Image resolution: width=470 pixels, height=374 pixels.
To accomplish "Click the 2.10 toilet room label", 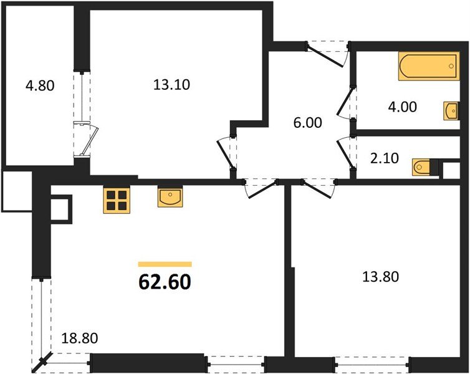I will click(x=383, y=159).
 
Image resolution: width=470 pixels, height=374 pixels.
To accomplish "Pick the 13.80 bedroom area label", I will click(x=380, y=275).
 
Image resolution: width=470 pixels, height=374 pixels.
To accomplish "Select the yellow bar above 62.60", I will click(x=165, y=264).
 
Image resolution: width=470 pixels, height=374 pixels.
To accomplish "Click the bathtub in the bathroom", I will click(x=428, y=67).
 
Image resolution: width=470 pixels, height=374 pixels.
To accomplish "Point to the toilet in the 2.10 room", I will click(x=423, y=166).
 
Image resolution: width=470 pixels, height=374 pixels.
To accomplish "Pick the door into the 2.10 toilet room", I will click(x=345, y=151).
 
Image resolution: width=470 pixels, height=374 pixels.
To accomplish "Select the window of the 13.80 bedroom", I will click(x=372, y=360).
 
